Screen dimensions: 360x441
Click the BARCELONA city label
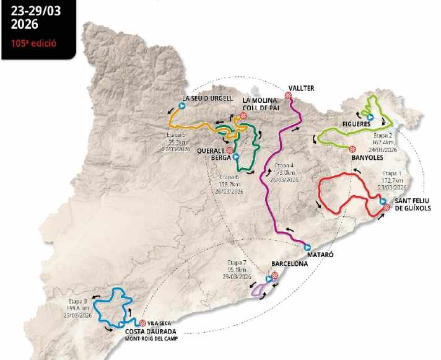[x=289, y=263]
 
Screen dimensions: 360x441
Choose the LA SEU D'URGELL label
[x=207, y=98]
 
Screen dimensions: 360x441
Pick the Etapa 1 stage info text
[x=395, y=180]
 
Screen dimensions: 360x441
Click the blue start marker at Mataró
[x=307, y=247]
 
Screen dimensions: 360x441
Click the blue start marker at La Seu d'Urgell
[x=182, y=106]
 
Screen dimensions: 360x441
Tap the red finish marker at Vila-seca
[x=142, y=323]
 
